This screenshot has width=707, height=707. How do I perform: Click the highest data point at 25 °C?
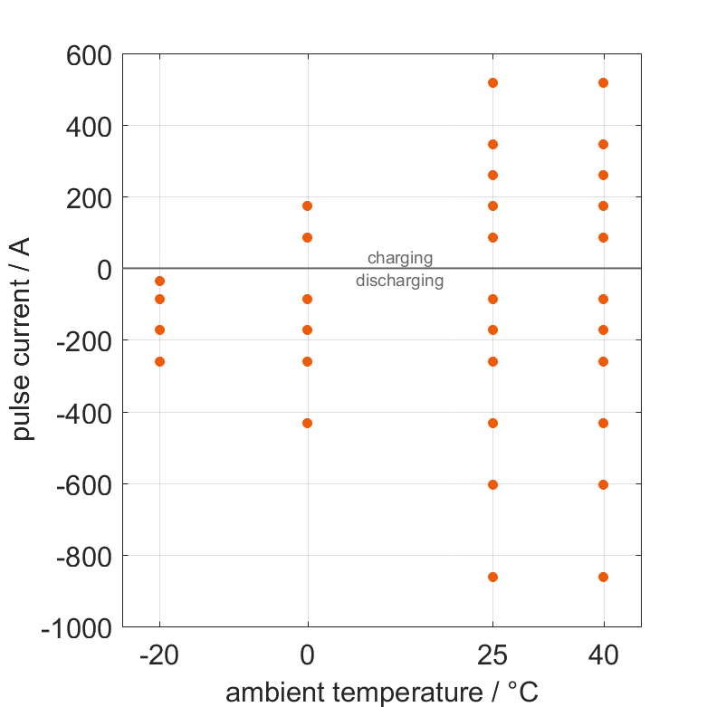493,82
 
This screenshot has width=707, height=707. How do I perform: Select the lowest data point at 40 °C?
604,577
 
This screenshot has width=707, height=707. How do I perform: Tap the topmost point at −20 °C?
160,282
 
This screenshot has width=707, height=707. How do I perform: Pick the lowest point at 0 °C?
308,423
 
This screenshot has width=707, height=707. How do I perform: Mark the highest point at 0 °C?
308,205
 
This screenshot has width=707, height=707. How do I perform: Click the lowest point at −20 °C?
160,361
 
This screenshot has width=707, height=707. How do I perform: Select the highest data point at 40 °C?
604,82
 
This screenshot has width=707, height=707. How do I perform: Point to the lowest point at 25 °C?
493,577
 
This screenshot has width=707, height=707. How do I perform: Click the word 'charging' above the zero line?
399,259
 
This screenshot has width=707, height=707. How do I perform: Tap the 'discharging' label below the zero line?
399,281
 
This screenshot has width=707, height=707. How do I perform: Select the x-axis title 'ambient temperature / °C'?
382,693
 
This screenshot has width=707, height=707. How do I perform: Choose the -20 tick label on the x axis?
159,654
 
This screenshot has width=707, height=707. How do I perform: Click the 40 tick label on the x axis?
604,654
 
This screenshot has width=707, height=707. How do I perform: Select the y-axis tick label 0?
101,269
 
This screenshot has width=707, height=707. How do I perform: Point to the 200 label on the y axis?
88,198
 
